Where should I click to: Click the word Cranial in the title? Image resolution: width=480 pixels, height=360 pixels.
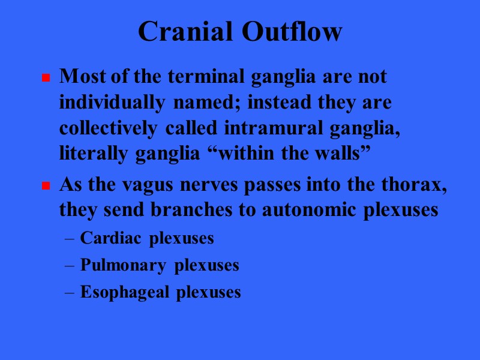click(186, 32)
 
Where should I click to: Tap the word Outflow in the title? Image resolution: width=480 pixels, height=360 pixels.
click(292, 32)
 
